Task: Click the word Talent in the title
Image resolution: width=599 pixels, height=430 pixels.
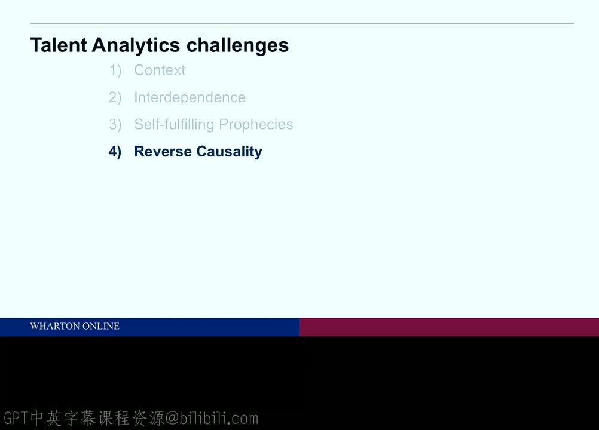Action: [59, 45]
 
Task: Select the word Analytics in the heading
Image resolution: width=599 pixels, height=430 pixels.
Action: [136, 46]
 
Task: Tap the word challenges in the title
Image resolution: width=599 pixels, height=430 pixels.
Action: [237, 46]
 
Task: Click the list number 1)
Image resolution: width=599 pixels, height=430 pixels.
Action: [115, 70]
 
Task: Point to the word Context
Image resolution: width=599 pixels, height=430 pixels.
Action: [160, 70]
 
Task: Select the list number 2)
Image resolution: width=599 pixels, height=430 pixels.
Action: [115, 98]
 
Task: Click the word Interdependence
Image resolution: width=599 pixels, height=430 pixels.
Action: [190, 98]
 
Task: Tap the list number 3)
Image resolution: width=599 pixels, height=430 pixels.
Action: [115, 125]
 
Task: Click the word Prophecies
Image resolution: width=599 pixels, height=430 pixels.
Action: [256, 125]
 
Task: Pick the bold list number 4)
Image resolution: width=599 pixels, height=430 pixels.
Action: [115, 152]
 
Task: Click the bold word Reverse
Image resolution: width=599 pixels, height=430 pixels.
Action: [163, 152]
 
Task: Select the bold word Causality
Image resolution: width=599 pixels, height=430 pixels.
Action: [230, 152]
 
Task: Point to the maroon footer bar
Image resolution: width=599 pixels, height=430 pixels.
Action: [450, 327]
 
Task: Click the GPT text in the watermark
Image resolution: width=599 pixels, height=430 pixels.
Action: [16, 418]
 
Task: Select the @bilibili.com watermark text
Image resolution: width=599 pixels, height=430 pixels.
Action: [212, 418]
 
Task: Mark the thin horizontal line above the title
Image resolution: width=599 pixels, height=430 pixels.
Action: [302, 24]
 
